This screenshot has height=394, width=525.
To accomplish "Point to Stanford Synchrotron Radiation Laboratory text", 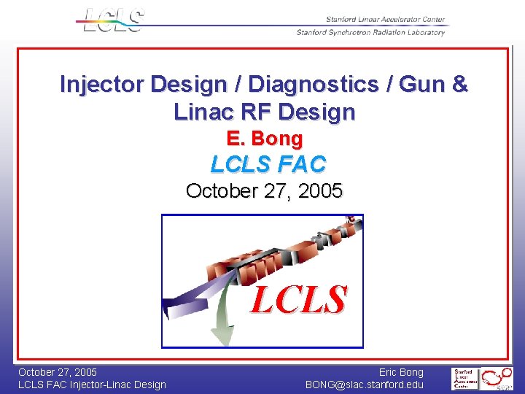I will pos(370,32).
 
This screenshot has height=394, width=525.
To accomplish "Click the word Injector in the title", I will pos(102,85).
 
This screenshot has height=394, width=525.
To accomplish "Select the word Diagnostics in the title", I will pos(302,85).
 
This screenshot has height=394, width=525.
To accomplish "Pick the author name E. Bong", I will pos(264,138).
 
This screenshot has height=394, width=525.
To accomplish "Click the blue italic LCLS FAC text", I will pos(268,164).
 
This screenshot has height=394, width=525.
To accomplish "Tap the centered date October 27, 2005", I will pos(264,191).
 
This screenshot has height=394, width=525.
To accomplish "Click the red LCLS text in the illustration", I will pos(298,299).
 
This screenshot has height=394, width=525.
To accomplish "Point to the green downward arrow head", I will pos(223,336).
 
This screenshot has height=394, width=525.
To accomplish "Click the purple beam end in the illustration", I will pos(175,306).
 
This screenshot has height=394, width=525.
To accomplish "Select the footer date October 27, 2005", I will pos(58,372).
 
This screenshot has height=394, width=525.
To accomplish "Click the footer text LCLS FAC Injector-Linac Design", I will pos(92,385).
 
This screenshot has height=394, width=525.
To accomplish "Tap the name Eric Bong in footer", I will pos(401,372).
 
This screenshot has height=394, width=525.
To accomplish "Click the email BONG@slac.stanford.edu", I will pos(365,385).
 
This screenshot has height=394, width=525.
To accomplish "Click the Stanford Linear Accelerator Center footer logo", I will pos(465,379).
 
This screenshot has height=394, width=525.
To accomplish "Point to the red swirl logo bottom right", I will pos(500,378).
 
